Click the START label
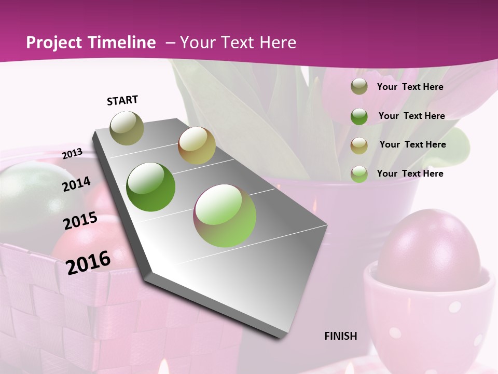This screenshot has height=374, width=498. point(122,100)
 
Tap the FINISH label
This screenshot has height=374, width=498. point(341,336)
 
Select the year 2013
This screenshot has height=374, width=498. point(73,153)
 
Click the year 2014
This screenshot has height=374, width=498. point(76,184)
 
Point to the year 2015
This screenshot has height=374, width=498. point(80,220)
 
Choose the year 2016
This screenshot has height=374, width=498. point(88,262)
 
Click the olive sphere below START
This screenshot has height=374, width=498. point(127,128)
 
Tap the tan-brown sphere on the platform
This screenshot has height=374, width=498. point(197,145)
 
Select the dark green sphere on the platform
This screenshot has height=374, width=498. point(151,187)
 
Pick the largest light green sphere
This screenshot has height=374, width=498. point(225,215)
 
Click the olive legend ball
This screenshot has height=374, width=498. point(359,87)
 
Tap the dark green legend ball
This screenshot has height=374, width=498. point(359,116)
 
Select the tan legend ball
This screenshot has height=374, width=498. point(359,145)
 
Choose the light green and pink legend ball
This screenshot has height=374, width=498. point(359,173)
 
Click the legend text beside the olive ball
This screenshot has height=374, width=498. point(410,87)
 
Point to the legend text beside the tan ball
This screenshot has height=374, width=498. point(412,144)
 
